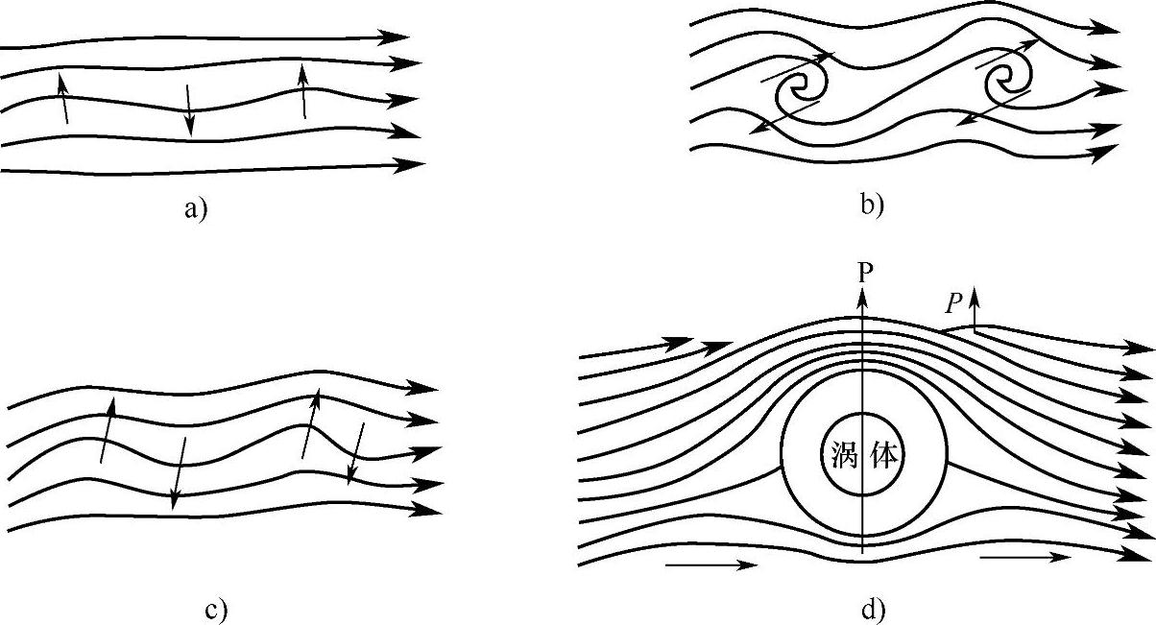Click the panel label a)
196,207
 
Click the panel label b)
872,204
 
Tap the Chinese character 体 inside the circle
884,455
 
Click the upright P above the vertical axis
866,272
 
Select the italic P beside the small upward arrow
952,303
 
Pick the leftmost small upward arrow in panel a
63,99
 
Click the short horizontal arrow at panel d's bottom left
711,565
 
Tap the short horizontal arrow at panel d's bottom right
1024,557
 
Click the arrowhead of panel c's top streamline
423,388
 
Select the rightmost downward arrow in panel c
356,451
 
